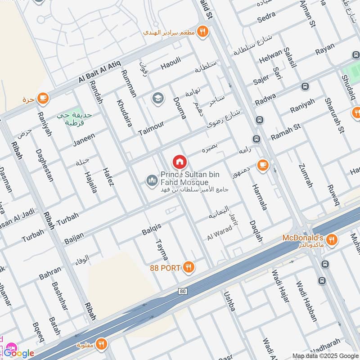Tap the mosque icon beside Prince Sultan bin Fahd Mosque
pos(152,181)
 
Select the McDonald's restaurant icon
pos(332,240)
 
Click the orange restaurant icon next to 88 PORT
pos(189,268)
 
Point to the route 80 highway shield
pos(182,292)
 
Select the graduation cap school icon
pos(157,98)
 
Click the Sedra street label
pos(266,19)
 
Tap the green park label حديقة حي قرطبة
pos(74,119)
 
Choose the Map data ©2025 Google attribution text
pos(325,355)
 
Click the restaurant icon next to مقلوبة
pos(101,344)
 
